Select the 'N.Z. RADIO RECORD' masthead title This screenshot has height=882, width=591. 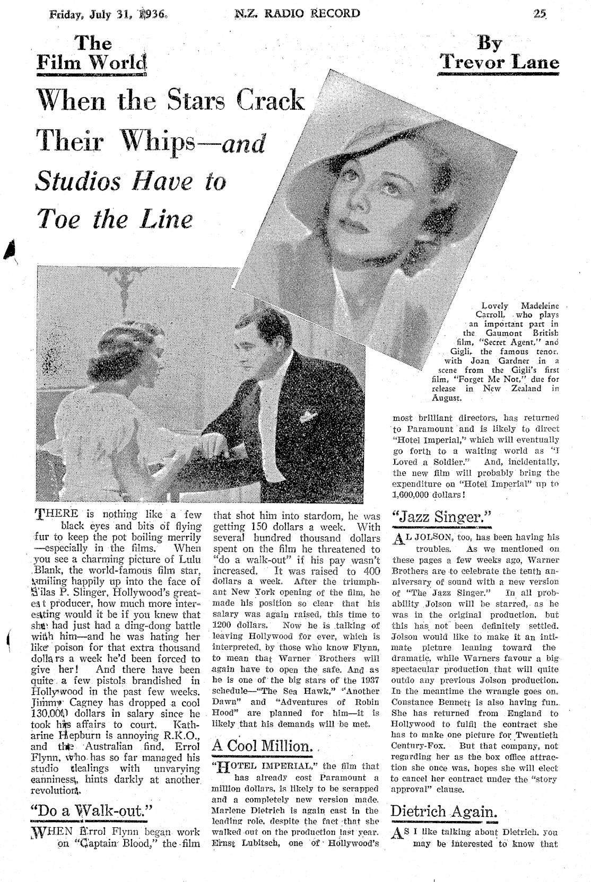[297, 13]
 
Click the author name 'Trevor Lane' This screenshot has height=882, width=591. [500, 63]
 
